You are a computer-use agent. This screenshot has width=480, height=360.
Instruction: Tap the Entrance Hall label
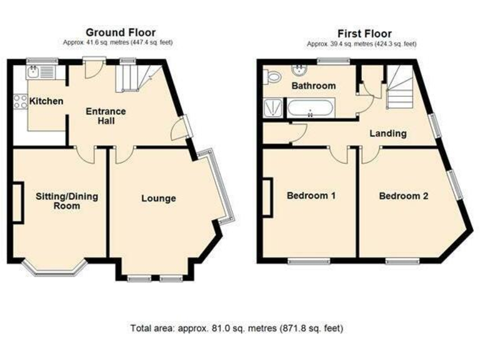coord(106,116)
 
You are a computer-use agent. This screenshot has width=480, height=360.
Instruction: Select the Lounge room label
coord(158,199)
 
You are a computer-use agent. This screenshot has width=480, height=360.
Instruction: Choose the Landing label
coord(387,133)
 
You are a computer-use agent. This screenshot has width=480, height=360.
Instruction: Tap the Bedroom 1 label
coord(311,196)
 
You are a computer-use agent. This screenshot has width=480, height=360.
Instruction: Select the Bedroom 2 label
coord(404,196)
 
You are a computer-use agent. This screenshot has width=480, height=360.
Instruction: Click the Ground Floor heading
coord(121,32)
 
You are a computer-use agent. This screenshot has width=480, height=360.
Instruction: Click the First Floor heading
coord(365,33)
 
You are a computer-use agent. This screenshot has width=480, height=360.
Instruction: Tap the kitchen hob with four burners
coord(20,101)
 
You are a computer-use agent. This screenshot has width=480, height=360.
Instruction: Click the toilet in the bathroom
coord(272,77)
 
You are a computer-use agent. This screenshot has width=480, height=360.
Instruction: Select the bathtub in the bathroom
coord(311,111)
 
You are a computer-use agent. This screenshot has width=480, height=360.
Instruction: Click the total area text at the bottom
coord(237,327)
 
